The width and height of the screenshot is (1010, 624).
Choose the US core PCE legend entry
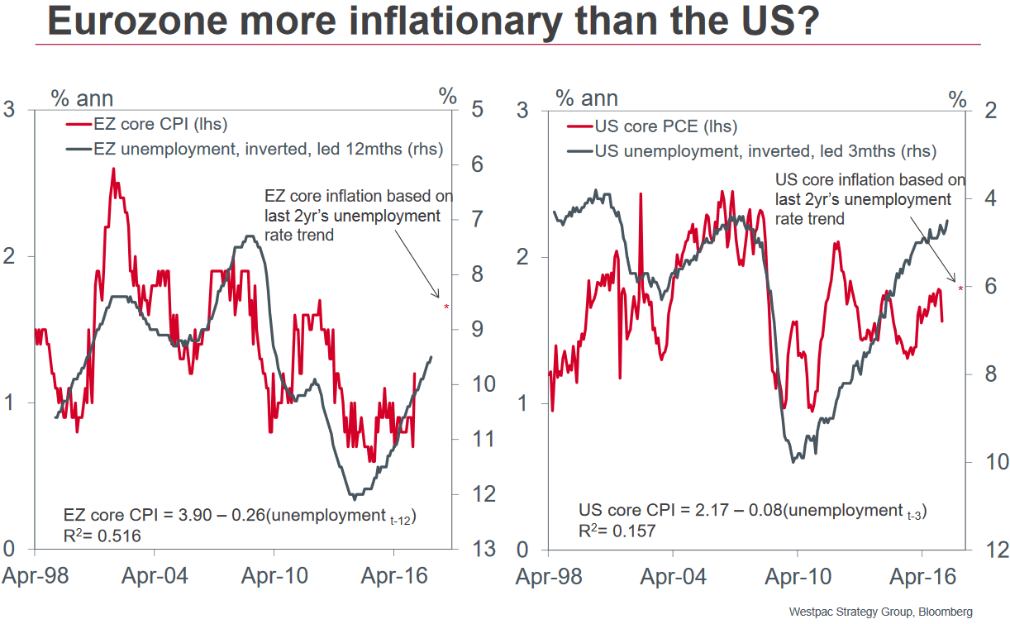pyautogui.click(x=653, y=127)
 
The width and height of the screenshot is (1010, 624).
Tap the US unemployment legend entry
pyautogui.click(x=752, y=151)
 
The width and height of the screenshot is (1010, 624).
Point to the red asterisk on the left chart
pyautogui.click(x=446, y=307)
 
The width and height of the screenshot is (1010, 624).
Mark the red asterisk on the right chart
pyautogui.click(x=960, y=288)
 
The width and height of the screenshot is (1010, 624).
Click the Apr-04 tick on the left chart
pyautogui.click(x=156, y=576)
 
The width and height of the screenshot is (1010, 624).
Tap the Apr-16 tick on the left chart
pyautogui.click(x=396, y=576)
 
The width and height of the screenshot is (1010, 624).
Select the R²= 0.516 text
pyautogui.click(x=102, y=536)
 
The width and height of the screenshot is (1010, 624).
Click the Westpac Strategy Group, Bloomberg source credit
pyautogui.click(x=880, y=612)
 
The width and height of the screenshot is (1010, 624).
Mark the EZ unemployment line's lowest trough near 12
pyautogui.click(x=355, y=498)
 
